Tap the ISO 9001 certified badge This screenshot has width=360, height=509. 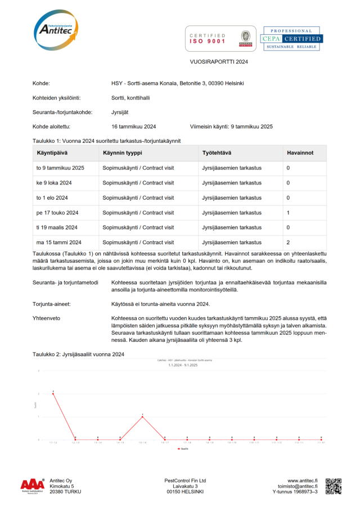(220, 38)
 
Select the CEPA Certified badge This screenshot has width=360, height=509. (291, 38)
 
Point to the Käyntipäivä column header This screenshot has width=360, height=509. (53, 153)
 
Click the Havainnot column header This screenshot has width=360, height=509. (300, 153)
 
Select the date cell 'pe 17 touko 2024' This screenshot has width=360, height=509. (57, 213)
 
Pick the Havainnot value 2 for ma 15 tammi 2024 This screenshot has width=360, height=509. (289, 242)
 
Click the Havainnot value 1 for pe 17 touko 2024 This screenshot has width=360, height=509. (289, 213)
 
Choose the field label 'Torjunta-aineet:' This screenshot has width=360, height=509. (51, 304)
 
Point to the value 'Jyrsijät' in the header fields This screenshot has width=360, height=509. (121, 112)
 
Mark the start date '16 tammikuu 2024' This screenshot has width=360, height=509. (134, 127)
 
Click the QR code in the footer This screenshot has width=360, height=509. (333, 486)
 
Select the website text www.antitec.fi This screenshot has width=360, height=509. (303, 481)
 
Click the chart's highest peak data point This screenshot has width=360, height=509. (53, 393)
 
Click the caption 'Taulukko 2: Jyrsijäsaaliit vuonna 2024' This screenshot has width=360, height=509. (78, 354)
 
